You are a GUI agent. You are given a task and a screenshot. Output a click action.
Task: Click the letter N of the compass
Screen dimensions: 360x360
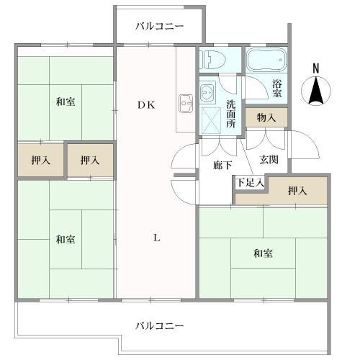(x=315, y=68)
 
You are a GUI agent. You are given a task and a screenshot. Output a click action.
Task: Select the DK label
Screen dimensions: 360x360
(x=147, y=104)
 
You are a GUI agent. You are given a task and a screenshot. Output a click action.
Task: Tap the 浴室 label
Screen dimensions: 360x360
(x=277, y=88)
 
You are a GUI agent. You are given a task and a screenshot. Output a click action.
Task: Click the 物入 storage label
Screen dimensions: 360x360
(x=266, y=117)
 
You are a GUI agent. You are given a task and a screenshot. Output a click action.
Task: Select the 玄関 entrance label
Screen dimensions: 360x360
(x=269, y=160)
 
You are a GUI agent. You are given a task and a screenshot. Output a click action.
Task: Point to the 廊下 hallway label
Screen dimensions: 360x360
(x=222, y=165)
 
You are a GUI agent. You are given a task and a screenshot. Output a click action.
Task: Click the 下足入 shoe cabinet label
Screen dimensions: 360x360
(x=251, y=184)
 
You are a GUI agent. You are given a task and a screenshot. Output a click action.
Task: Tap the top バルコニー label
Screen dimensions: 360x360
(x=160, y=27)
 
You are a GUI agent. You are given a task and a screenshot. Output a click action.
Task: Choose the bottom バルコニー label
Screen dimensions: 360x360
(x=160, y=325)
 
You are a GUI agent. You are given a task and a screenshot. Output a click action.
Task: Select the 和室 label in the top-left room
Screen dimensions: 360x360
(x=66, y=102)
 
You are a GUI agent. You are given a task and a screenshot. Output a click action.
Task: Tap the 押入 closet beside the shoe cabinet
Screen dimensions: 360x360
(x=297, y=191)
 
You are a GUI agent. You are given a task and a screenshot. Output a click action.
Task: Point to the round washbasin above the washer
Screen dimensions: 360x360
(x=209, y=91)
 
